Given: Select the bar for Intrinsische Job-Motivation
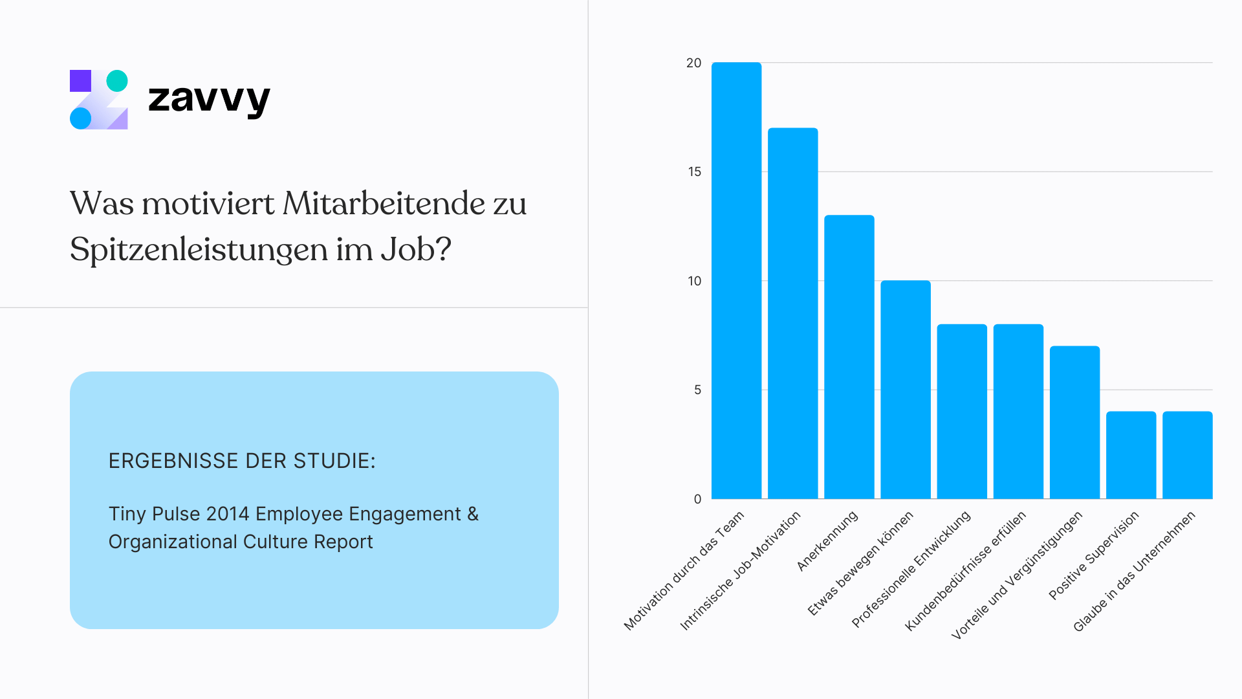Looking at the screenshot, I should (x=792, y=313).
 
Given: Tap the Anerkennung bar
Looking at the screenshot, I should (x=849, y=357).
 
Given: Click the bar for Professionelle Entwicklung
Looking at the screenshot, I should (x=962, y=411).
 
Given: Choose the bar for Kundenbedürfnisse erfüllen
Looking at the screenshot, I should (x=1018, y=411).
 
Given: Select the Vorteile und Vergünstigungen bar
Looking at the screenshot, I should (x=1074, y=422).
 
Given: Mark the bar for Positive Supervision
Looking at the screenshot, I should (x=1131, y=455).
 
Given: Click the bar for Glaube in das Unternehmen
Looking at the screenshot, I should (x=1187, y=455).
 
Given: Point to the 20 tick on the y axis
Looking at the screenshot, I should (x=693, y=63).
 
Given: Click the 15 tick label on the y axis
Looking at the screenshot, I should (x=694, y=172).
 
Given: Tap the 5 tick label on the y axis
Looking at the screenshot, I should (x=697, y=390).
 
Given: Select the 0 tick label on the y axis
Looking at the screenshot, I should (x=697, y=499).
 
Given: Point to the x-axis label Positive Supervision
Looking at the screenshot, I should (x=1094, y=555).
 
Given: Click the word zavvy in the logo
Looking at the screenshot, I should (x=208, y=99).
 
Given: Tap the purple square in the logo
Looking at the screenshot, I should (x=80, y=81).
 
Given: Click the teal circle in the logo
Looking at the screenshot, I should (x=117, y=81).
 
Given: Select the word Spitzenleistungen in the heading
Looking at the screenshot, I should (x=199, y=250).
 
